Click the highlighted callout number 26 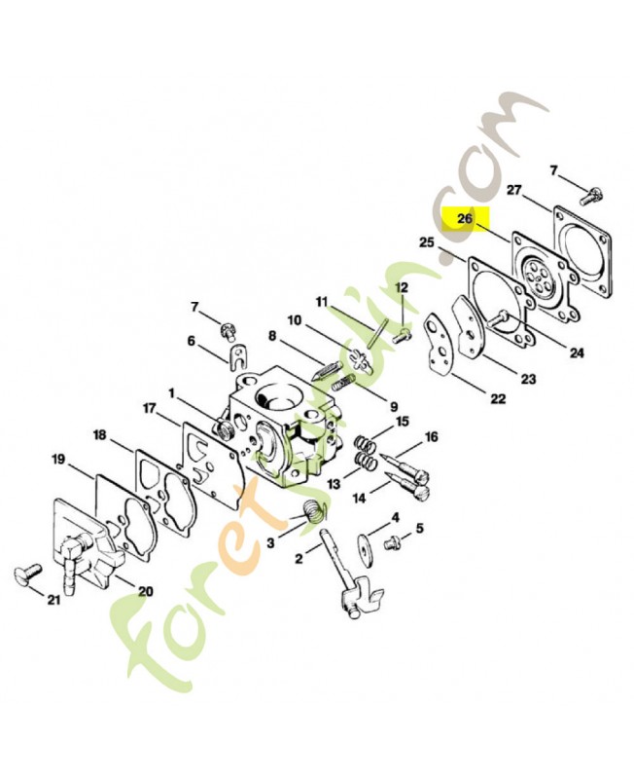pos(465,218)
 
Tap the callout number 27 pos(514,190)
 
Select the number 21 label pos(54,600)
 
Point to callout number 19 pos(58,459)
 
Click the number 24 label pos(577,352)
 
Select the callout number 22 pos(498,398)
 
